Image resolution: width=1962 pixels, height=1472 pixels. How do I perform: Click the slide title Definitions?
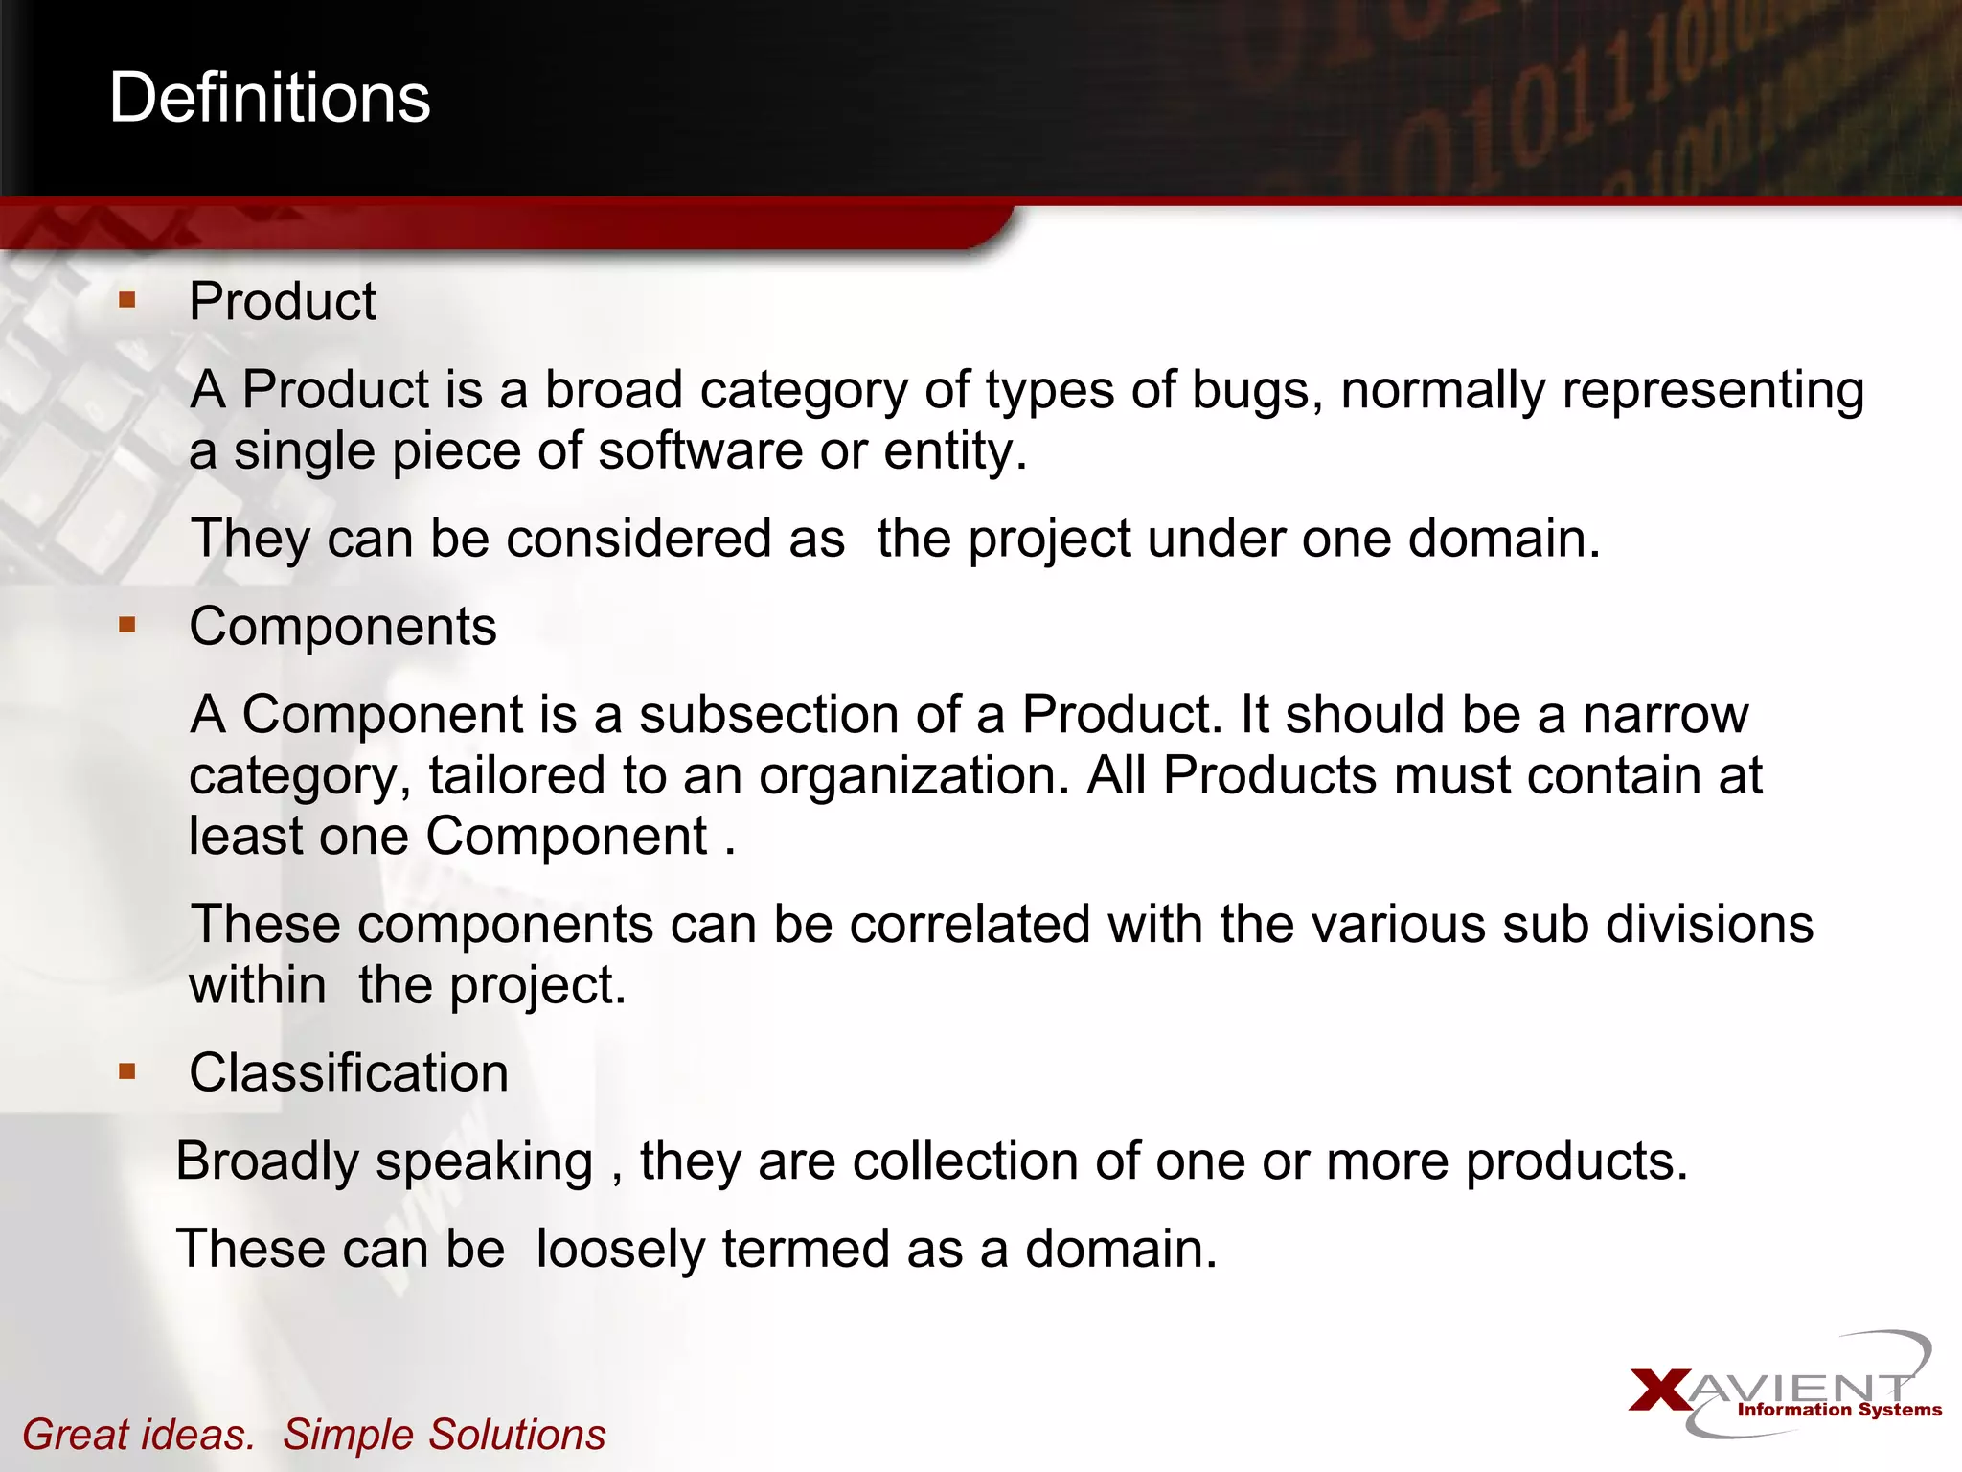click(269, 98)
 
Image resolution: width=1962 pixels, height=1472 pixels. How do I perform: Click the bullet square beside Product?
click(127, 301)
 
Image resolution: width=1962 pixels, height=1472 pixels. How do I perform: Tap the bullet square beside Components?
click(127, 626)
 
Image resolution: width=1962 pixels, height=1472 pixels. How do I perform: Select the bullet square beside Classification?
click(127, 1071)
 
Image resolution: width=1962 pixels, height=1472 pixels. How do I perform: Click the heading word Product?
click(283, 302)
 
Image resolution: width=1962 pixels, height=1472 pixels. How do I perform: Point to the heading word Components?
click(343, 627)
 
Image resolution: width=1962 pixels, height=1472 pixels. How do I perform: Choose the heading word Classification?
click(349, 1072)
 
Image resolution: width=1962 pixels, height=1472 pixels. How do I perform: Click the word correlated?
click(970, 925)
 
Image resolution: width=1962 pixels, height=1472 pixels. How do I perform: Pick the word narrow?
click(1665, 715)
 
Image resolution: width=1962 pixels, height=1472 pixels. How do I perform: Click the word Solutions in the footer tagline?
click(516, 1435)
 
